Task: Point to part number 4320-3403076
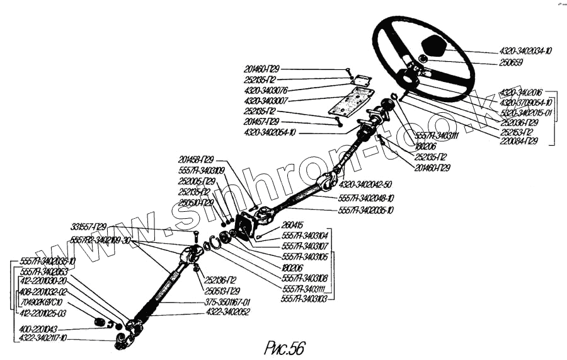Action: (x=266, y=90)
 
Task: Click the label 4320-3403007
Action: (x=266, y=100)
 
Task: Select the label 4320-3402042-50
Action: (x=365, y=185)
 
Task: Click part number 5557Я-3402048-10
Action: (x=366, y=197)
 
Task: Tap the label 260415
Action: (x=293, y=224)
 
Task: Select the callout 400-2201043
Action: (x=40, y=329)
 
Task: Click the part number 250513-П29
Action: (x=222, y=291)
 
